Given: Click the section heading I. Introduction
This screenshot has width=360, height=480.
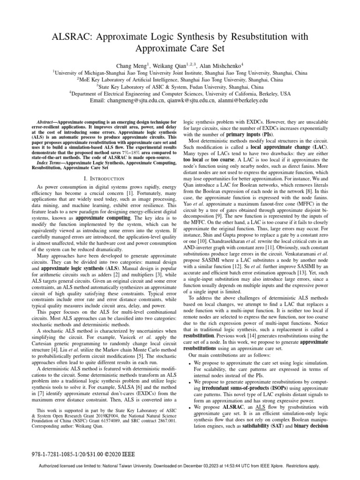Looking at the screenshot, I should [x=99, y=178].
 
